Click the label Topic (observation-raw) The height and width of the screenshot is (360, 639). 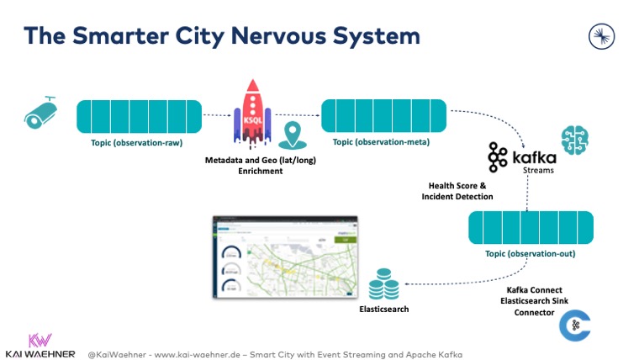[x=136, y=143]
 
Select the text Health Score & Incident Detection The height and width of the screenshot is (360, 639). [x=456, y=191]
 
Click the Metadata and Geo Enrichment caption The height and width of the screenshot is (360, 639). [x=256, y=165]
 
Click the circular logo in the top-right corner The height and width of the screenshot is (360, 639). [x=602, y=34]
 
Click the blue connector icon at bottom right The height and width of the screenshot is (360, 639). [x=574, y=326]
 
